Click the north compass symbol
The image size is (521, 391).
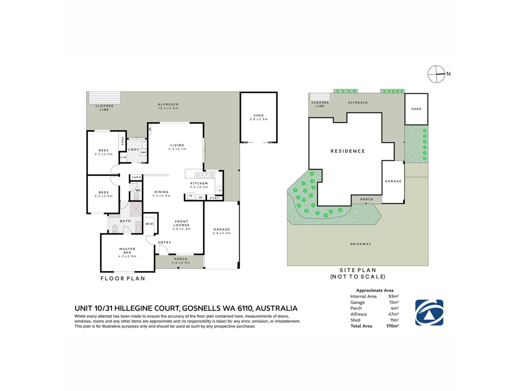pos(437,74)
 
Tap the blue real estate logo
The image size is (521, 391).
pos(429,313)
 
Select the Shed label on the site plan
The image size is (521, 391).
pos(416,109)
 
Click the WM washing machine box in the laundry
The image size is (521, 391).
pos(144,152)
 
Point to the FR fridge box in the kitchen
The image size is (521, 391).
pos(191,196)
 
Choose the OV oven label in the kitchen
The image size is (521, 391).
pos(201,197)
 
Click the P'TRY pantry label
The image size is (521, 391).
pos(214,198)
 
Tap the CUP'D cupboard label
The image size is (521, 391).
pos(136,177)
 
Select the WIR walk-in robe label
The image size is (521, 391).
pos(150,224)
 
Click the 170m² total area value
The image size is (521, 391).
pos(392,326)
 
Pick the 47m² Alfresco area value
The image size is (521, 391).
pos(393,314)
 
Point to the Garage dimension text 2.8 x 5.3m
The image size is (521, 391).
pos(222,233)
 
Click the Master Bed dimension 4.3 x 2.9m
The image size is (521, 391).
pos(127,256)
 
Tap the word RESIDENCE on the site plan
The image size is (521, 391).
pos(348,151)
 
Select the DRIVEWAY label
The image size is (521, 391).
pos(361,244)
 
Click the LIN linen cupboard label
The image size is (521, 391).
pos(123,157)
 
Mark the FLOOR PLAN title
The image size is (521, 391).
pos(123,278)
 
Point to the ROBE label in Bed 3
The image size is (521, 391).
pos(123,141)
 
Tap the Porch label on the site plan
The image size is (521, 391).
pos(367,199)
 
